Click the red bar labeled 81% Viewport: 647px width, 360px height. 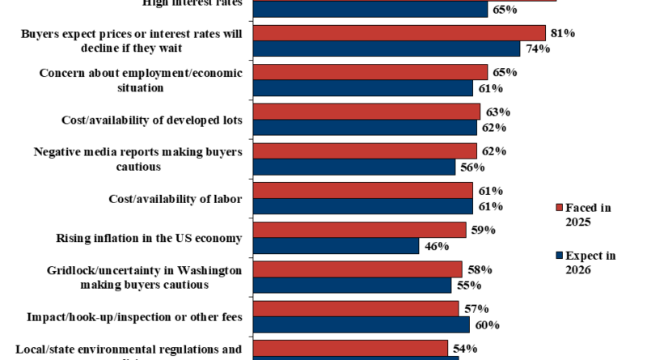tap(400, 33)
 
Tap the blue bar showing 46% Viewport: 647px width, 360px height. tap(336, 246)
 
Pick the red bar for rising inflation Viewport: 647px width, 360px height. tap(360, 231)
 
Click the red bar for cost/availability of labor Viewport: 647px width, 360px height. tap(363, 191)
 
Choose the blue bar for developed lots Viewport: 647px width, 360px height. tap(366, 128)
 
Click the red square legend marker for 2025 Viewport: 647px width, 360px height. tap(558, 208)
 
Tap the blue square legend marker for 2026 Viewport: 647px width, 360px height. tap(558, 256)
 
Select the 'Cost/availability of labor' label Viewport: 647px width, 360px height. tap(175, 198)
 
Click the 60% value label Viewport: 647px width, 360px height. tap(485, 325)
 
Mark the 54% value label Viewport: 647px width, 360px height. tap(463, 348)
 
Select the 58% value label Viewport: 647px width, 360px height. tap(477, 269)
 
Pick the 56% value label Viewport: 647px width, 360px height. tap(471, 167)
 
